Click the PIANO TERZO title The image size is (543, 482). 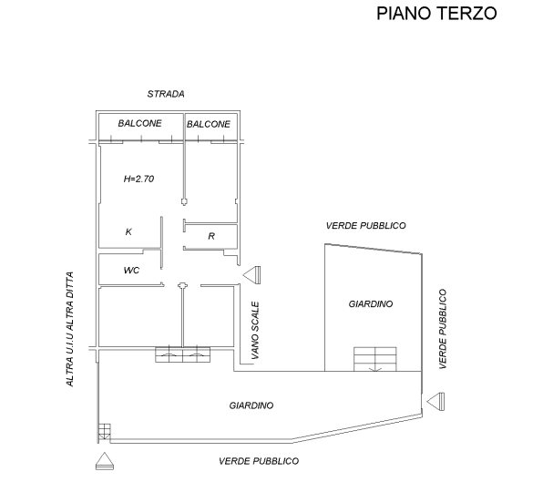436,14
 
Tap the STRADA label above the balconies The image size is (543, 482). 166,94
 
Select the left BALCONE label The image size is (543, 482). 139,123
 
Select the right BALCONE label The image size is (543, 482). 209,124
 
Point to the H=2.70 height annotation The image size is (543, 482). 138,179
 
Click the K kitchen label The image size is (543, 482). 128,231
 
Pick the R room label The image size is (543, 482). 211,236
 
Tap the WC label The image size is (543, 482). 131,270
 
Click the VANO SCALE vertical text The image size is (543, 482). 255,331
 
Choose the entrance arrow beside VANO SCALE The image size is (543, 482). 251,275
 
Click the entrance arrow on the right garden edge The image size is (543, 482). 435,402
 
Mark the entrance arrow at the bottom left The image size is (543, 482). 105,461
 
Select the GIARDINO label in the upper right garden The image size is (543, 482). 371,304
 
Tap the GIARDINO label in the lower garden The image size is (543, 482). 251,405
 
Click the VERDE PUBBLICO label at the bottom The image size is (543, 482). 259,461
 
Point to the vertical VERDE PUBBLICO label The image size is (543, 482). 443,329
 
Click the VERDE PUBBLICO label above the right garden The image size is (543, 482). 365,226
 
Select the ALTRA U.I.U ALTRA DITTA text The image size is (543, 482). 69,329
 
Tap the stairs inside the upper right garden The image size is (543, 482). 375,359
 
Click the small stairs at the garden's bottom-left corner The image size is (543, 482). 104,432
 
